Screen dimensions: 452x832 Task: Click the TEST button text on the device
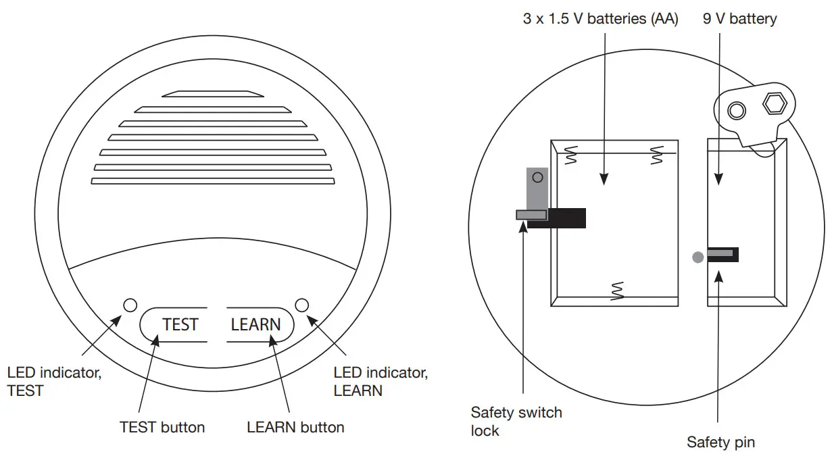[180, 325]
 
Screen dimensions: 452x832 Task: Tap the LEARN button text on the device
[255, 325]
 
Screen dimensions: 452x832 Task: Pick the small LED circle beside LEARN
[302, 305]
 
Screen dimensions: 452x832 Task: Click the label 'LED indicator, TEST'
[54, 382]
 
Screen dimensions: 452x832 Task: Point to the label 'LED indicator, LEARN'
[381, 382]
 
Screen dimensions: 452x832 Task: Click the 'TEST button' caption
[162, 427]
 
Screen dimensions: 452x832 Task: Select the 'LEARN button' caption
[295, 427]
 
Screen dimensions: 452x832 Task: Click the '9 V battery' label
[739, 19]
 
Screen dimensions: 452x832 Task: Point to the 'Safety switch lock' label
[516, 421]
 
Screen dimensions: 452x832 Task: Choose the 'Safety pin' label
[720, 443]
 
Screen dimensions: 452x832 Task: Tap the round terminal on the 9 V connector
[737, 110]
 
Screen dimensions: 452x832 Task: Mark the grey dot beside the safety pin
[698, 257]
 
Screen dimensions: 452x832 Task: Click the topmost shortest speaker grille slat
[212, 94]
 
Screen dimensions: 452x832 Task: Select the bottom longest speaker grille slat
[212, 181]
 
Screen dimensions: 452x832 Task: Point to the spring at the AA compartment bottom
[616, 290]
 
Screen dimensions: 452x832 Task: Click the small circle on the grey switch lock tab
[537, 178]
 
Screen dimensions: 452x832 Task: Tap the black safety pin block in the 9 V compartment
[723, 254]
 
